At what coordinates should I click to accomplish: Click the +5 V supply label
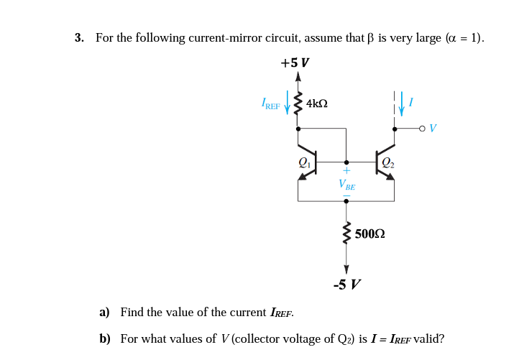pyautogui.click(x=295, y=63)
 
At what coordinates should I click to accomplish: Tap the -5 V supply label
pyautogui.click(x=347, y=285)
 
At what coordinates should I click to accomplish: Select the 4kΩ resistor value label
pyautogui.click(x=317, y=103)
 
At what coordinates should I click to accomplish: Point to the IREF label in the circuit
pyautogui.click(x=271, y=105)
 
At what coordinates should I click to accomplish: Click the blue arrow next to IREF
pyautogui.click(x=288, y=103)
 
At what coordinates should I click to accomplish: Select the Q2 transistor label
pyautogui.click(x=388, y=162)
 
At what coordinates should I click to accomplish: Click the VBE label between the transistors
pyautogui.click(x=346, y=184)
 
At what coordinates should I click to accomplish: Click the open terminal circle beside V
pyautogui.click(x=422, y=129)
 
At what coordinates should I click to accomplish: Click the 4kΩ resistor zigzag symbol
pyautogui.click(x=298, y=104)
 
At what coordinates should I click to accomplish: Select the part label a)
pyautogui.click(x=104, y=312)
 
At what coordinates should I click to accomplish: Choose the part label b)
pyautogui.click(x=104, y=338)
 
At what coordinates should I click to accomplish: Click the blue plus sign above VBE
pyautogui.click(x=346, y=172)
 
